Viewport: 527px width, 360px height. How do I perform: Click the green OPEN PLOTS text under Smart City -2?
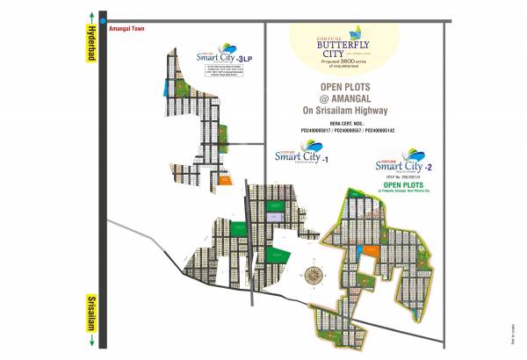[403, 185]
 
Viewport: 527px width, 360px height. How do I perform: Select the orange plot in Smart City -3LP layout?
[224, 183]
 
